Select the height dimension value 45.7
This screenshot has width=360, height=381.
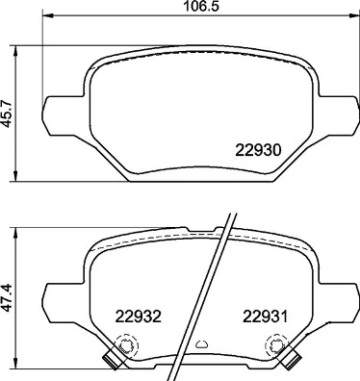[11, 112]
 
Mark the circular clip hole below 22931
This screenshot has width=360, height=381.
[277, 345]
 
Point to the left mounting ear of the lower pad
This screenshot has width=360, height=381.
[58, 291]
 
